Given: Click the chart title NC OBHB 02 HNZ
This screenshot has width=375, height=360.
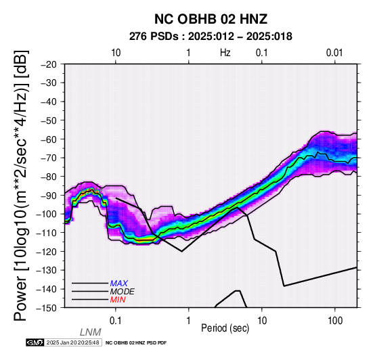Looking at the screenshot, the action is [x=211, y=19].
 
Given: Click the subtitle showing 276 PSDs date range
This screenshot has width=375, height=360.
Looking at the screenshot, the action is [x=211, y=37].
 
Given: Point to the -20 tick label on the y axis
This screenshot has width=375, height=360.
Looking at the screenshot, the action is [x=49, y=64].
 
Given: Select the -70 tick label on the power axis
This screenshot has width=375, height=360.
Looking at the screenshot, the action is [x=49, y=158].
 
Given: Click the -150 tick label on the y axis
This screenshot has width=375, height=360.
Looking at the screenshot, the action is [x=47, y=307].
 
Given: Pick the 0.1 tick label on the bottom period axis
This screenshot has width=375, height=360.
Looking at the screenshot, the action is [x=116, y=321].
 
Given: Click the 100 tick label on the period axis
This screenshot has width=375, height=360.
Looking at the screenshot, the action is [x=335, y=321].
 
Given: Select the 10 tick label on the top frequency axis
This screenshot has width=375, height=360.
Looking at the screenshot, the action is [x=116, y=53].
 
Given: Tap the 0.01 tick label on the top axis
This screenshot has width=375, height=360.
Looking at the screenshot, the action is [x=334, y=53].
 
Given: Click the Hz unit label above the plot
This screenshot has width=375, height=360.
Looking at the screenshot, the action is [x=225, y=53].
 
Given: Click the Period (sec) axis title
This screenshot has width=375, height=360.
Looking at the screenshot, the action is [x=225, y=328].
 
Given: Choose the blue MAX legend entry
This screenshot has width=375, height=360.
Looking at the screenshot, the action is [x=119, y=284].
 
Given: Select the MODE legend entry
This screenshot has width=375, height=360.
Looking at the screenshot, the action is [x=123, y=292].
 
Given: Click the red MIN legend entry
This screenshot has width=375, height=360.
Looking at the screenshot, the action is [x=118, y=300].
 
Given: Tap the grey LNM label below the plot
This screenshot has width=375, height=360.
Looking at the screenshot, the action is [x=91, y=332].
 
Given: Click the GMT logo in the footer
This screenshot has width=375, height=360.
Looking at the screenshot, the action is [x=35, y=342].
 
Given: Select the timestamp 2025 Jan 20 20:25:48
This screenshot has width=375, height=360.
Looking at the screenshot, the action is [x=73, y=342].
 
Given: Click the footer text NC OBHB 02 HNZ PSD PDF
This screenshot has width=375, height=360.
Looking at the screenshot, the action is [x=136, y=343].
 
